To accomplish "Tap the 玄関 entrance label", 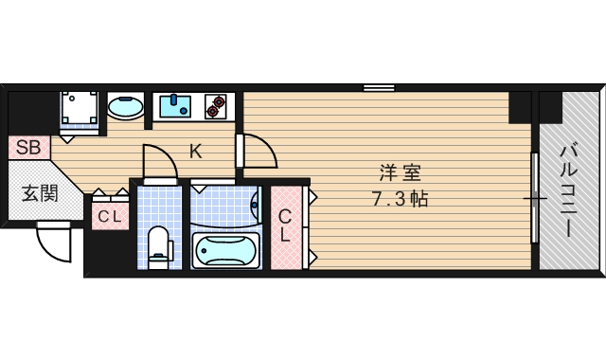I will coord(40,194).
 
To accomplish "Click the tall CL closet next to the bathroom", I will coord(284,225).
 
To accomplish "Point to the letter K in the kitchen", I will coord(195,150).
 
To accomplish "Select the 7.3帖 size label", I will coord(399,200).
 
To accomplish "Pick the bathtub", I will coord(224,251).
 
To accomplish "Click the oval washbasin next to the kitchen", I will coord(126,107).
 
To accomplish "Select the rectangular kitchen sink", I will coord(175,105).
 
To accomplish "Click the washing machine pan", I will coord(81,109).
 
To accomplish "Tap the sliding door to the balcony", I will coord(536,199).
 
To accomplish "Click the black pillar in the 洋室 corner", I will coord(520,106).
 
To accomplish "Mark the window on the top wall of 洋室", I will coord(379,88).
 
